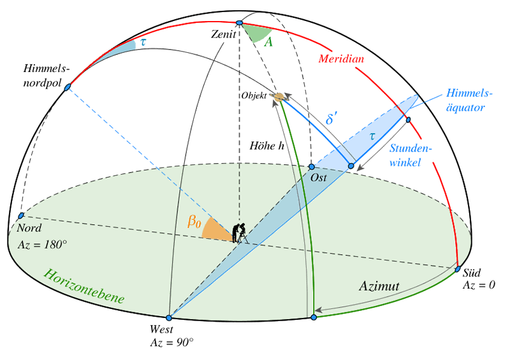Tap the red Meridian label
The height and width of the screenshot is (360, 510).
point(341,59)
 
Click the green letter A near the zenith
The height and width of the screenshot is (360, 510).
point(268,41)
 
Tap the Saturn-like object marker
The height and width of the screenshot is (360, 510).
point(279,96)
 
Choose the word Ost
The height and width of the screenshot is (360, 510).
point(318,178)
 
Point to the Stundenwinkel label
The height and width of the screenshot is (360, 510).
point(411,155)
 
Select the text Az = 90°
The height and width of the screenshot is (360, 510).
point(171,342)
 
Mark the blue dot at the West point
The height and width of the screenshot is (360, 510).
point(169,317)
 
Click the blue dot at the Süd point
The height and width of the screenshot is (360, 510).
point(458,270)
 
